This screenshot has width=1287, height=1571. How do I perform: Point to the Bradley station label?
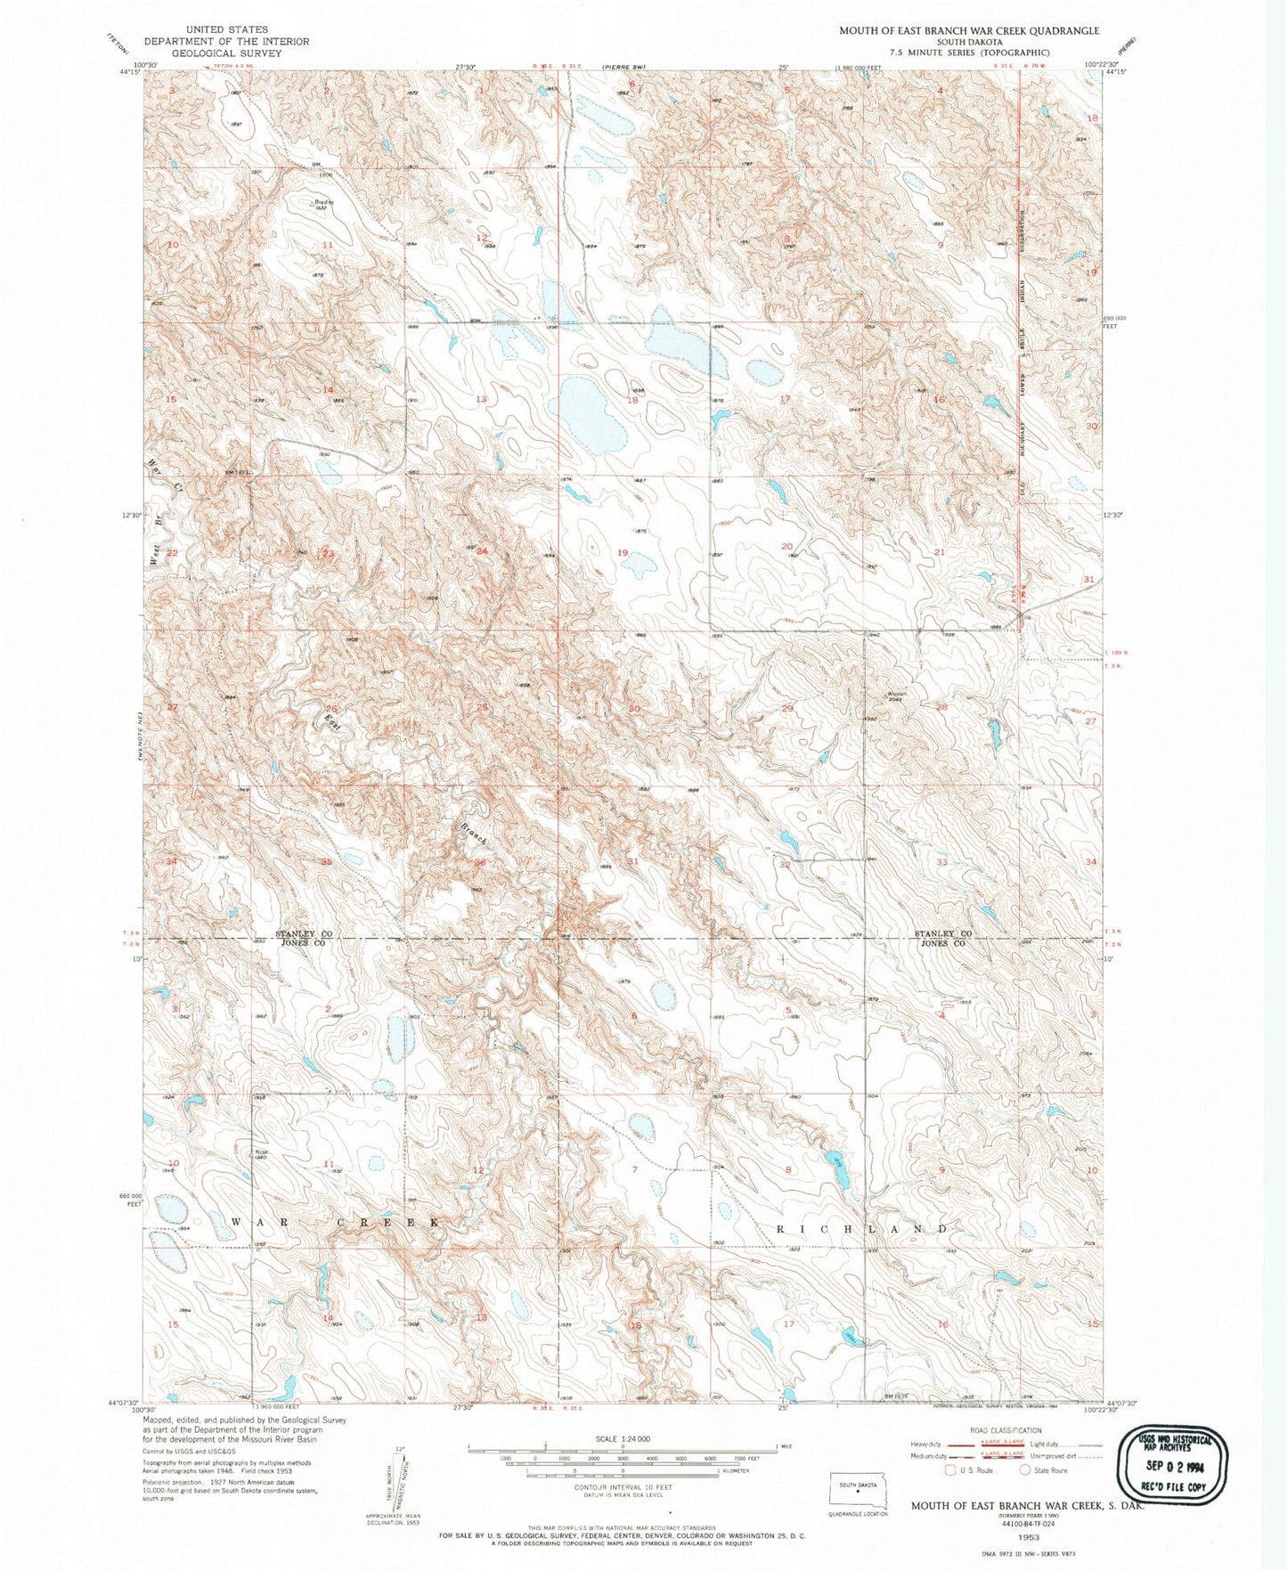coord(322,203)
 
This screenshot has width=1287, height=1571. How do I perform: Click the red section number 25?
coord(482,707)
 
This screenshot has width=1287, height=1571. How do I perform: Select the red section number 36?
coord(480,862)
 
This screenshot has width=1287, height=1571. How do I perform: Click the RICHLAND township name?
coord(860,1228)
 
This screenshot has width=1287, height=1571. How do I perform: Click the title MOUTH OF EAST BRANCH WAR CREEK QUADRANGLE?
coord(968,30)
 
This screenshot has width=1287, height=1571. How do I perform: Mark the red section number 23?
coord(329,553)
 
